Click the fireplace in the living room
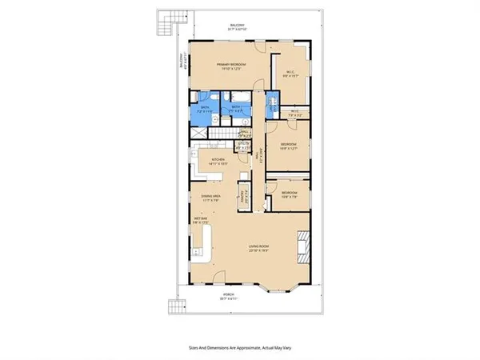tap(302, 247)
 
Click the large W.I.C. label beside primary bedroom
tap(290, 76)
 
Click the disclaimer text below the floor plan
tap(239, 349)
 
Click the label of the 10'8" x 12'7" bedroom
tap(289, 146)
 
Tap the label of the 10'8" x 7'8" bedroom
tap(289, 194)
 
